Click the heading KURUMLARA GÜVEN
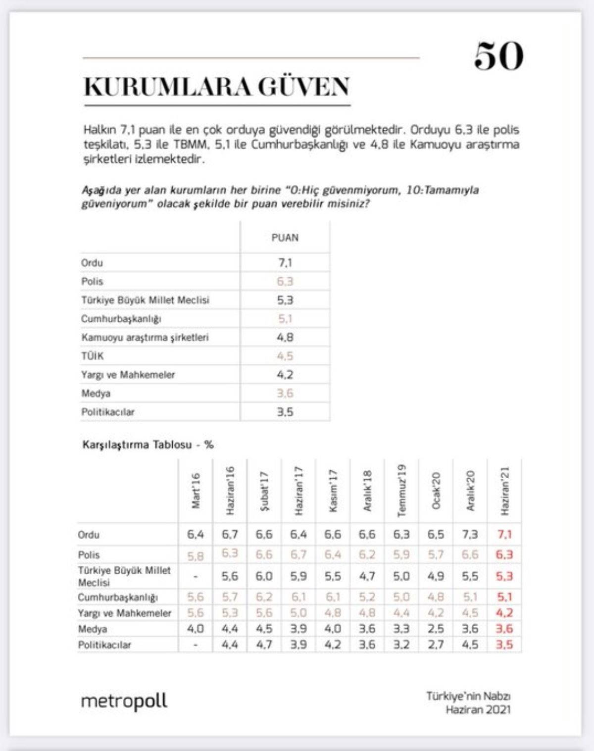tap(217, 87)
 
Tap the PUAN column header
tap(285, 238)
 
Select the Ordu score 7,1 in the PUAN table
tap(285, 262)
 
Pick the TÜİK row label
tap(93, 356)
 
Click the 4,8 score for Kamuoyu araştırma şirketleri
tap(285, 337)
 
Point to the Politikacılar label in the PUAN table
tap(108, 412)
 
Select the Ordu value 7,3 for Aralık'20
tap(470, 535)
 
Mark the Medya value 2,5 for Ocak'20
tap(436, 629)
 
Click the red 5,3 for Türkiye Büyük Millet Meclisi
tap(504, 576)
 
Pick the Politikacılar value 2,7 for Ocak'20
tap(436, 645)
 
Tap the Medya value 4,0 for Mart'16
tap(196, 629)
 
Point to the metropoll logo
tap(124, 701)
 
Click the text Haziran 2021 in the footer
tap(478, 709)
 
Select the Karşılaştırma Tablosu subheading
tap(148, 445)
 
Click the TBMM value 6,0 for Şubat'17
tap(264, 576)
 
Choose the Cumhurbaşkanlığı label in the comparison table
tap(118, 597)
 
